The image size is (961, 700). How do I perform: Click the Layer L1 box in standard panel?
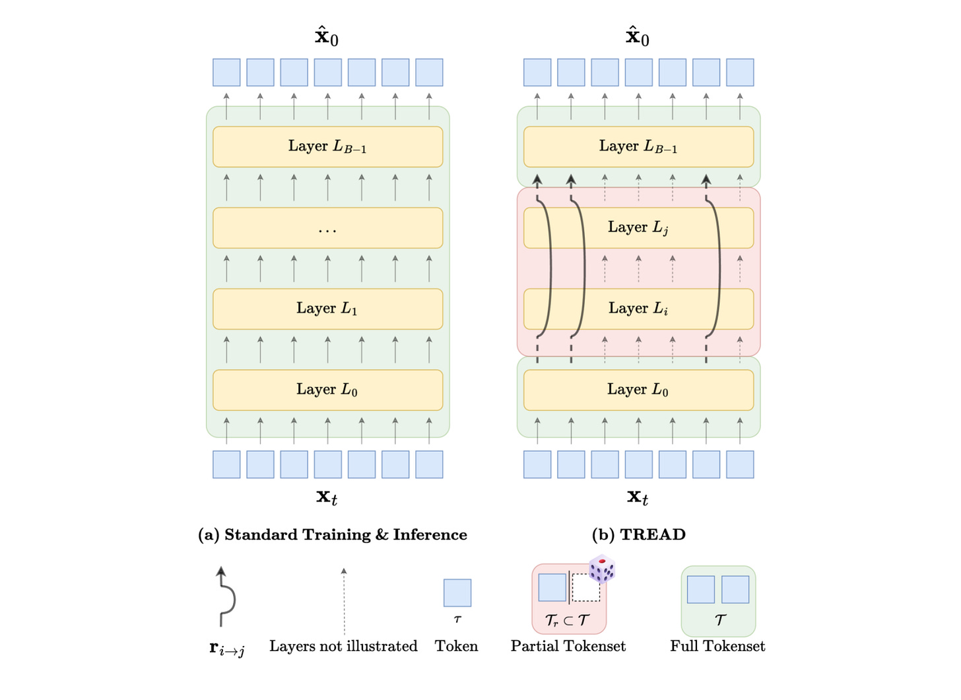pos(327,309)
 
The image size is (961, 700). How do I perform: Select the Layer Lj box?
pos(638,228)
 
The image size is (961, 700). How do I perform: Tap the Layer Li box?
pos(638,309)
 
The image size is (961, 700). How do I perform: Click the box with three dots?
pos(327,228)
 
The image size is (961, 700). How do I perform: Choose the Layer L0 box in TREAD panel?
pos(638,390)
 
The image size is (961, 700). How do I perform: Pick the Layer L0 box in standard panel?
pos(327,390)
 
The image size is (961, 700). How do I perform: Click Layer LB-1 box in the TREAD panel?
pos(638,146)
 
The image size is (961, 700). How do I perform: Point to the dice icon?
pos(602,569)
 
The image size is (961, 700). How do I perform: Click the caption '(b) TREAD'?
pos(638,534)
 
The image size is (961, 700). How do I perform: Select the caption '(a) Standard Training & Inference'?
pos(333,534)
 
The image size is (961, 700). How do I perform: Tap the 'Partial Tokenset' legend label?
pos(568,646)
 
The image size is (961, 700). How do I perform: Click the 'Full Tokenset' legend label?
pos(717,646)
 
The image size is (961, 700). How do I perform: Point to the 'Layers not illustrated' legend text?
pos(343,646)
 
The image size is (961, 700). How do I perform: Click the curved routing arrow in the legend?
pos(225,596)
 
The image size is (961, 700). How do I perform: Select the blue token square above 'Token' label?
pos(457,592)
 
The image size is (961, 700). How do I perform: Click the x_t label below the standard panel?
pos(327,497)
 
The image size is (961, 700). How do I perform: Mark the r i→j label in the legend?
pos(226,649)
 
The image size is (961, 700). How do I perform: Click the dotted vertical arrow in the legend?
pos(344,600)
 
